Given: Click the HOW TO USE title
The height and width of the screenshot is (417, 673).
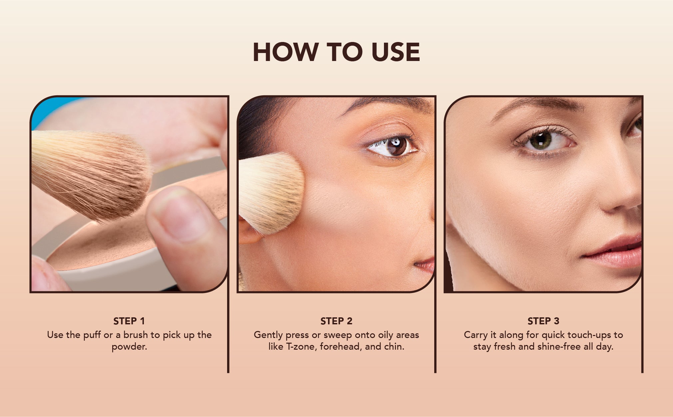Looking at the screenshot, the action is coord(336,52).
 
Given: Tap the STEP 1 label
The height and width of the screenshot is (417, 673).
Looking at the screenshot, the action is coord(129,321).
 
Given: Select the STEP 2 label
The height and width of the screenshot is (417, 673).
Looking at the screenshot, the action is coord(336,321).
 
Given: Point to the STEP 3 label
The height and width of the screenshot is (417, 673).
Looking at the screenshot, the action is coord(543,321).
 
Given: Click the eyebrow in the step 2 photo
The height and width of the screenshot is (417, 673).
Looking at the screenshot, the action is coord(386,103).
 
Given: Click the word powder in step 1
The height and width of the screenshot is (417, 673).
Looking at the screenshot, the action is coord(129,347).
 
